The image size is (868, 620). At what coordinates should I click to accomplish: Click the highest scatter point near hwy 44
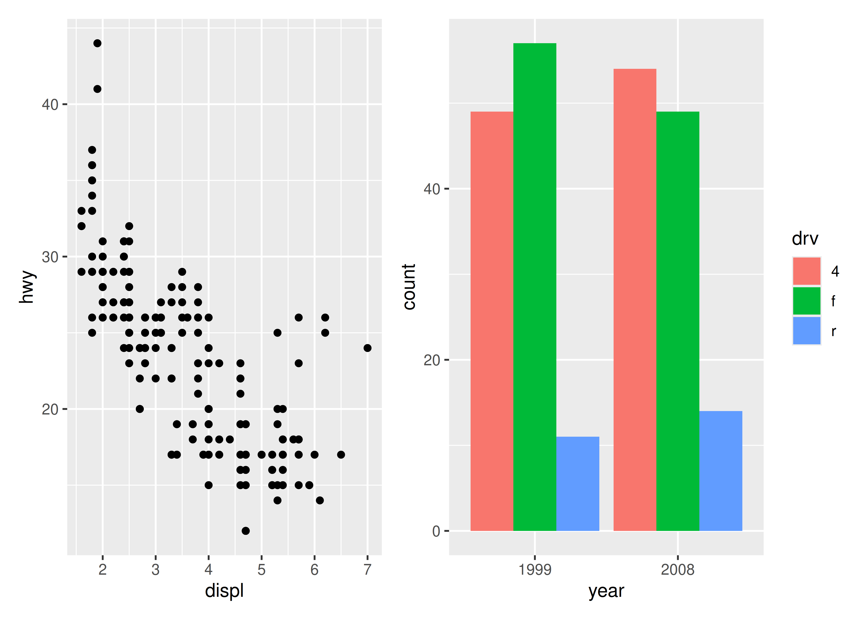(x=97, y=43)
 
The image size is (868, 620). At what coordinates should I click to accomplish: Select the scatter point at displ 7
(x=367, y=348)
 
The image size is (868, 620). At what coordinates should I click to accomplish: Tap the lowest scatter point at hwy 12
(x=246, y=531)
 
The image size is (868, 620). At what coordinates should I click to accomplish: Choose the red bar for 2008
(x=635, y=300)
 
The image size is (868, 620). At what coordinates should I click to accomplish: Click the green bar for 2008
(x=677, y=321)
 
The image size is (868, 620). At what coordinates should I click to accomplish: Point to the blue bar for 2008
(x=721, y=471)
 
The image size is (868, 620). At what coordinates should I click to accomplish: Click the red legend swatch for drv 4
(x=807, y=271)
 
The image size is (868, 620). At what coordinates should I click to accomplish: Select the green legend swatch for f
(x=807, y=301)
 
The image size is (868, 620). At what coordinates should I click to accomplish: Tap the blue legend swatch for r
(x=807, y=331)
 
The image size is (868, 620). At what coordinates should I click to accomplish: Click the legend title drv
(x=805, y=239)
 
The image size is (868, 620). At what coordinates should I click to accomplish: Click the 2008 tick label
(x=677, y=570)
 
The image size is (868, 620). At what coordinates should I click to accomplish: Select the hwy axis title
(x=27, y=287)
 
